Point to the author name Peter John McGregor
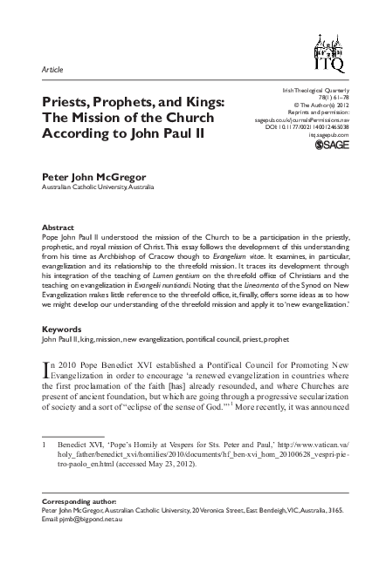tap(89, 175)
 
